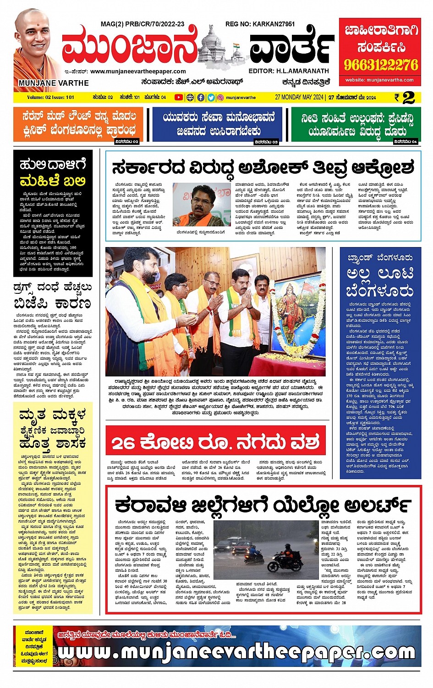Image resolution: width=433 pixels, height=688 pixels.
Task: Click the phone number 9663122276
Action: coord(381,65)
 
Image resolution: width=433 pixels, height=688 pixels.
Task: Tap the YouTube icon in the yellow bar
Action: coord(178,97)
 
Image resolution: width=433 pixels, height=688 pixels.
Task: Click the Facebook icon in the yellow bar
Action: coord(201,97)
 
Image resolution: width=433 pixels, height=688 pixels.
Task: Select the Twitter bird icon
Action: coord(211,97)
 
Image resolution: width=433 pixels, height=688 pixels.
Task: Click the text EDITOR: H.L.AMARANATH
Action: coord(289,71)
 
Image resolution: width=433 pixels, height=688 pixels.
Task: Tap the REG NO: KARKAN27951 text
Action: coord(260,24)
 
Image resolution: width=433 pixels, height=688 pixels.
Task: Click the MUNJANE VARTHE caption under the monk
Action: coord(54,83)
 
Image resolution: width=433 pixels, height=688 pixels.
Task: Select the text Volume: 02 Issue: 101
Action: coord(50,97)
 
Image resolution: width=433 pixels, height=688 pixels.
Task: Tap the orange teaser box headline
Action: coord(78,124)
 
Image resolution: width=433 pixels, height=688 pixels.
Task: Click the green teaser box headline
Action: coord(357,124)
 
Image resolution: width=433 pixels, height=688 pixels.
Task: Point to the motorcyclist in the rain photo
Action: coord(283,556)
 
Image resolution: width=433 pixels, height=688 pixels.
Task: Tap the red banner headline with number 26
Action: coord(215,442)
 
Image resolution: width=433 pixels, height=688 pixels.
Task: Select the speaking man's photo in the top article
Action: coord(201,204)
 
